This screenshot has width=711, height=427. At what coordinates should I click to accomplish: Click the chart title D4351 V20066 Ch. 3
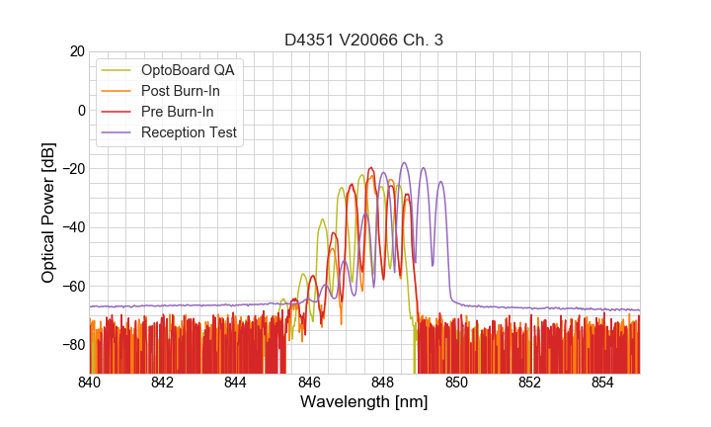tap(364, 40)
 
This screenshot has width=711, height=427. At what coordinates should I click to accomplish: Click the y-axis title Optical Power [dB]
tap(47, 213)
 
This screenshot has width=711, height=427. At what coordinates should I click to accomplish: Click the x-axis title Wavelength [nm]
tap(364, 402)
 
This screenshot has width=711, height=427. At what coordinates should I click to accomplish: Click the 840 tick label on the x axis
tap(89, 382)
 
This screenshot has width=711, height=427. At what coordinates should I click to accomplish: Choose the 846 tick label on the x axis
tap(309, 382)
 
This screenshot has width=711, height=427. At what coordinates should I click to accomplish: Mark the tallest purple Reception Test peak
tap(404, 163)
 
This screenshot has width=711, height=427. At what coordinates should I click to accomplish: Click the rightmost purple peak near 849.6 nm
tap(440, 182)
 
